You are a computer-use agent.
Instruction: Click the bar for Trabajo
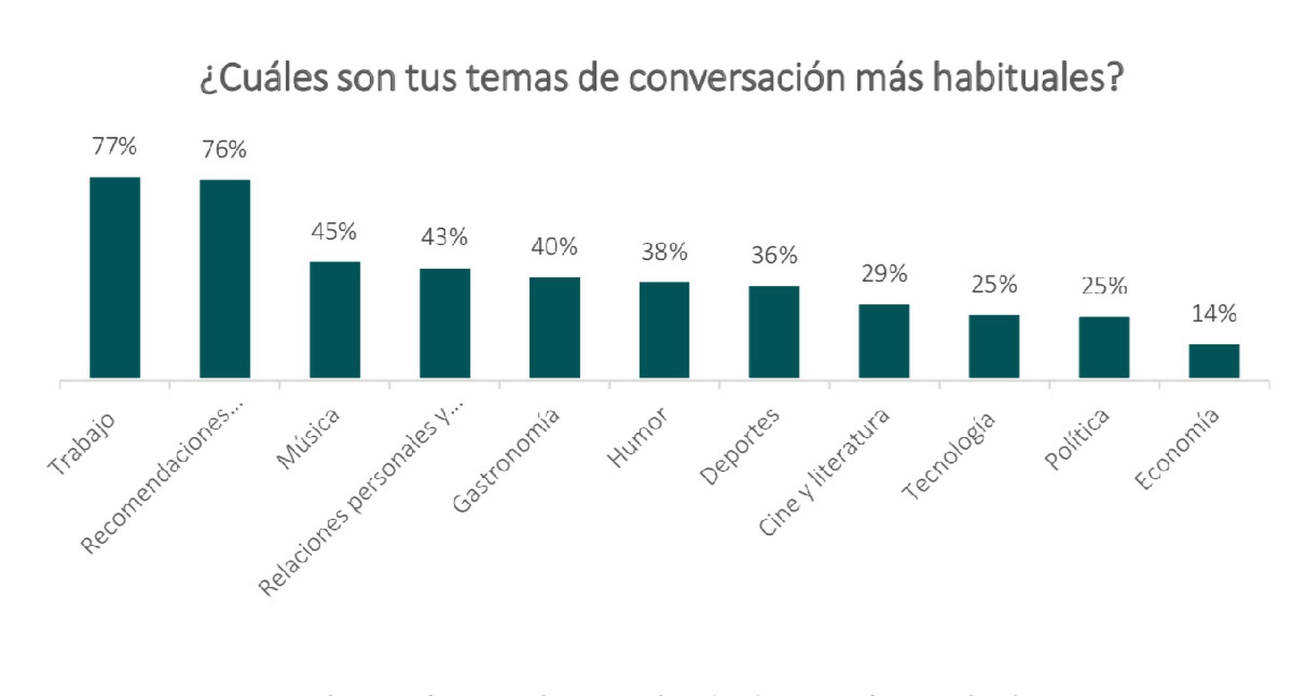click(x=114, y=278)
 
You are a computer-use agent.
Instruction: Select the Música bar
click(x=334, y=320)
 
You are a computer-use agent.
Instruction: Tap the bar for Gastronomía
click(x=554, y=327)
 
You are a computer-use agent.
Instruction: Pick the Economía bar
click(x=1213, y=361)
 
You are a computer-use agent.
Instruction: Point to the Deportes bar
click(x=774, y=332)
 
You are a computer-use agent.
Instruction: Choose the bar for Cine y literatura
click(x=883, y=341)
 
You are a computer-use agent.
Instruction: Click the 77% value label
click(x=114, y=147)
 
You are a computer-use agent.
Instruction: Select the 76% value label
click(x=224, y=150)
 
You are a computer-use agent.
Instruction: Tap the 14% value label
click(x=1213, y=314)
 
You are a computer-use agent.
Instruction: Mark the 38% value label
click(x=664, y=252)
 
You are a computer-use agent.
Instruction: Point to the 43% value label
click(x=444, y=237)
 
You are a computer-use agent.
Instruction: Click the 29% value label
click(x=884, y=274)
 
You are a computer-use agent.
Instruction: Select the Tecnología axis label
click(x=948, y=455)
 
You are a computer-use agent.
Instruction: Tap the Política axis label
click(x=1077, y=439)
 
